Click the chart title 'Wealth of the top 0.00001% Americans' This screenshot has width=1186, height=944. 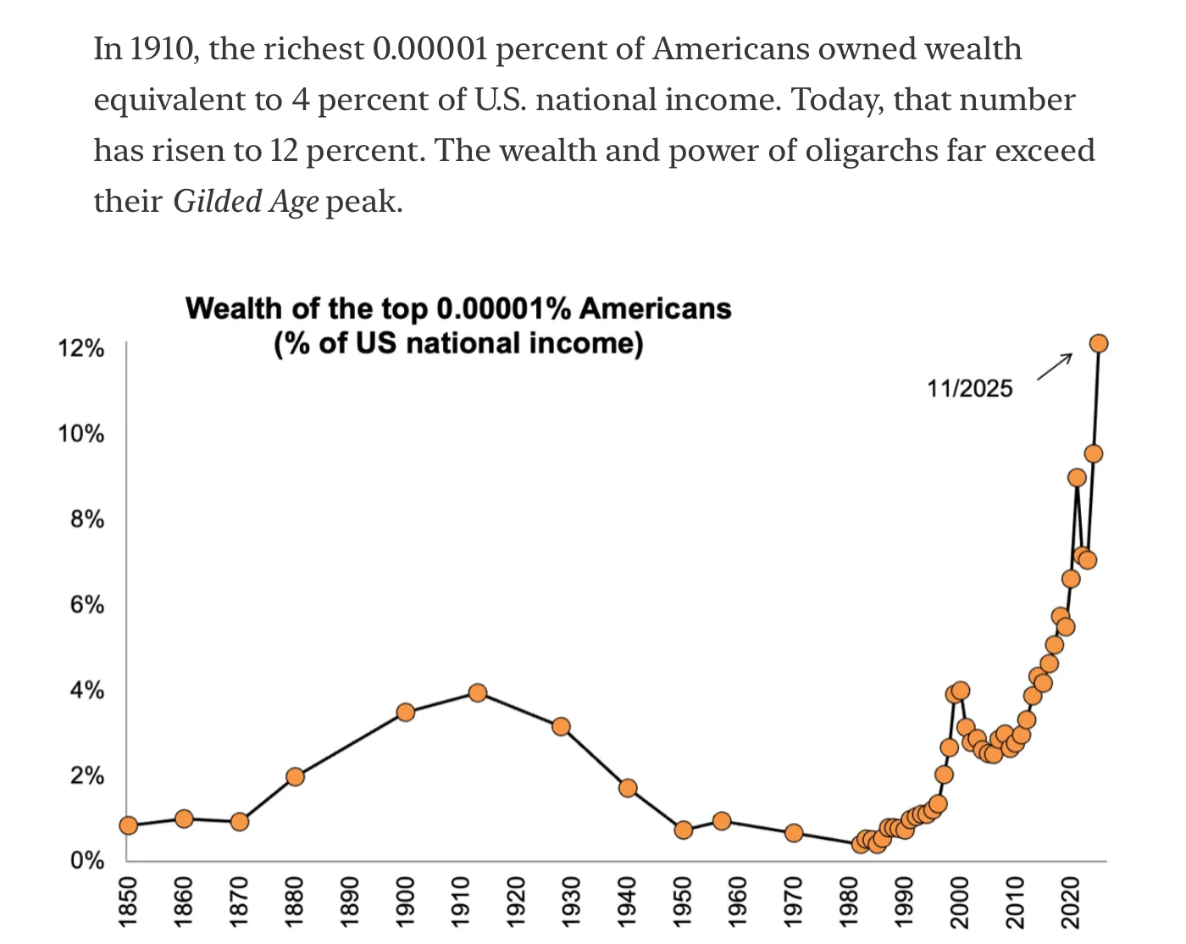[458, 308]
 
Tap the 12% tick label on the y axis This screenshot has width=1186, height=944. [80, 348]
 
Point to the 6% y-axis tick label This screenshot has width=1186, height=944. [86, 605]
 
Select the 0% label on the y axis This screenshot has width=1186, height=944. [86, 861]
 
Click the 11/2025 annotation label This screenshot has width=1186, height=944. [969, 388]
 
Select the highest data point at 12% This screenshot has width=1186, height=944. [1099, 343]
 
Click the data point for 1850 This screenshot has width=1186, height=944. [129, 825]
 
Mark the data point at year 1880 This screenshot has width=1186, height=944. [295, 776]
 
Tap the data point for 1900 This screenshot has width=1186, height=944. [405, 712]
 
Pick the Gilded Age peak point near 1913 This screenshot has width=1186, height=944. [478, 692]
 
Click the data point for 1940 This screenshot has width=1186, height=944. [628, 787]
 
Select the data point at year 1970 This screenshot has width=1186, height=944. [794, 833]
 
